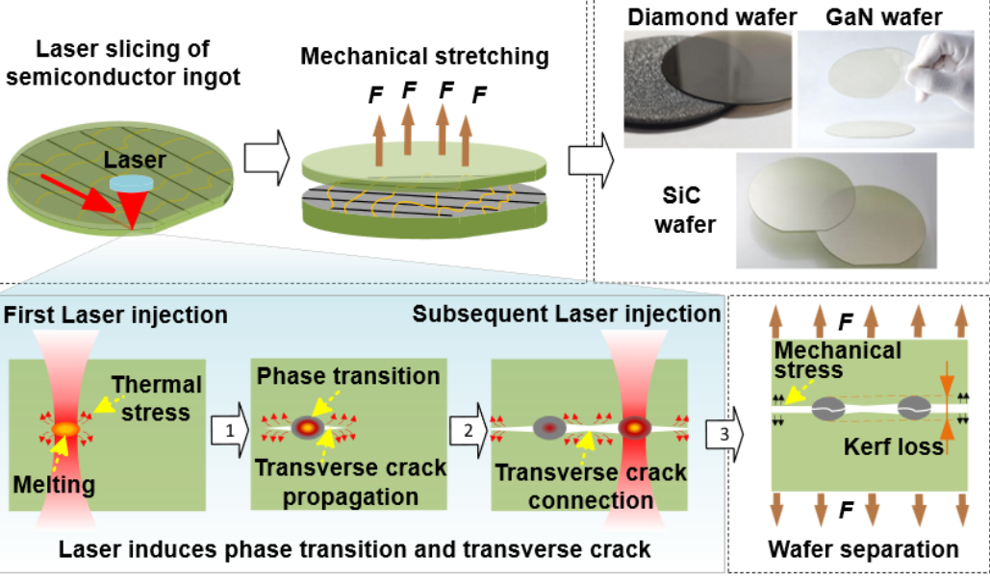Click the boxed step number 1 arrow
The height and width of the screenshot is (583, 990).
coord(226,431)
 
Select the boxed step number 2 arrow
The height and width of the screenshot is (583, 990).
coord(468,431)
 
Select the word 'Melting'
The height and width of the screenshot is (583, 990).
coord(50,485)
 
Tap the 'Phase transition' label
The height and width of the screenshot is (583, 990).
coord(347,376)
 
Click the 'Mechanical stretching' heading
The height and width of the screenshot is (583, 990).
coord(424,56)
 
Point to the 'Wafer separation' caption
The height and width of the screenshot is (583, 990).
coord(863,549)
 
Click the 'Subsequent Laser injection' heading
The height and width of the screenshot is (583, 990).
coord(567,315)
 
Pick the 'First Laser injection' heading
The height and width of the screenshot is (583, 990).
coord(115,315)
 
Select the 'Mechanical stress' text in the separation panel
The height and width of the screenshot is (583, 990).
coord(838,359)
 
